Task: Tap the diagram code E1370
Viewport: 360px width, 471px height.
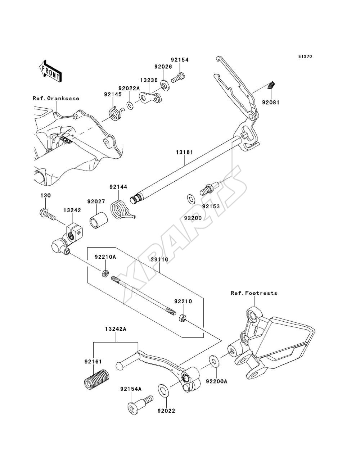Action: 305,56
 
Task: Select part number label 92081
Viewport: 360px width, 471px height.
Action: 271,103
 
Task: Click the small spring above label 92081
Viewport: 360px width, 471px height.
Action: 271,85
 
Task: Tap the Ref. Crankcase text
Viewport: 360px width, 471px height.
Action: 56,98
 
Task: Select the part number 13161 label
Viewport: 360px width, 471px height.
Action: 185,153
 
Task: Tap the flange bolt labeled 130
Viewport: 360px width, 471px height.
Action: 48,215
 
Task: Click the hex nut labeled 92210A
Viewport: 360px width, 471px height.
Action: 105,273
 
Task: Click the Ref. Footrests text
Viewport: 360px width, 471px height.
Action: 254,293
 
